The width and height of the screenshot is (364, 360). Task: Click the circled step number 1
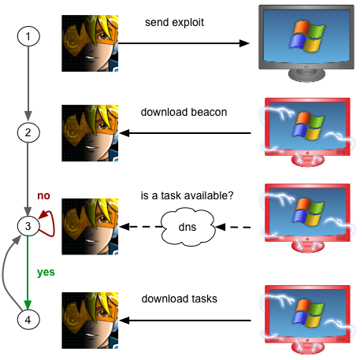[x=28, y=36]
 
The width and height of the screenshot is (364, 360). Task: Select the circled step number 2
[x=28, y=132]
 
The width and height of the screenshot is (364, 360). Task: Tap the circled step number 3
[x=28, y=226]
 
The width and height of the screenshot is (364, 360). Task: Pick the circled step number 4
[x=28, y=320]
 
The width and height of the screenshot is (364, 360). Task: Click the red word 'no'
[x=43, y=195]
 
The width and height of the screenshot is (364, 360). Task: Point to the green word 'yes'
[x=46, y=273]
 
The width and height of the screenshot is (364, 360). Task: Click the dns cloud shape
[x=188, y=227]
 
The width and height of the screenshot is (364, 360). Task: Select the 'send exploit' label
[x=174, y=23]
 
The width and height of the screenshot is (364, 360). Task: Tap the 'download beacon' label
[x=184, y=112]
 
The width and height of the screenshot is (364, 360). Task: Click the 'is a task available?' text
[x=187, y=195]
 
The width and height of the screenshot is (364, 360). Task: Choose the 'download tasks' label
[x=180, y=299]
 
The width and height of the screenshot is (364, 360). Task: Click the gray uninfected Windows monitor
[x=306, y=43]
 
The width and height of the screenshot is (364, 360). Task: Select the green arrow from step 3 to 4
[x=28, y=272]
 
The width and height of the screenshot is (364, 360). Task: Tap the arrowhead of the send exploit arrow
[x=244, y=43]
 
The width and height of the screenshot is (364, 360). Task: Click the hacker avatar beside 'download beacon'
[x=90, y=133]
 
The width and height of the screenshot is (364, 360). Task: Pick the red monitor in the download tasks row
[x=307, y=319]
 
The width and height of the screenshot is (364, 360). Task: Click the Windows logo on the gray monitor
[x=306, y=35]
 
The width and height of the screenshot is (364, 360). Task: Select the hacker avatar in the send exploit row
[x=90, y=43]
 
